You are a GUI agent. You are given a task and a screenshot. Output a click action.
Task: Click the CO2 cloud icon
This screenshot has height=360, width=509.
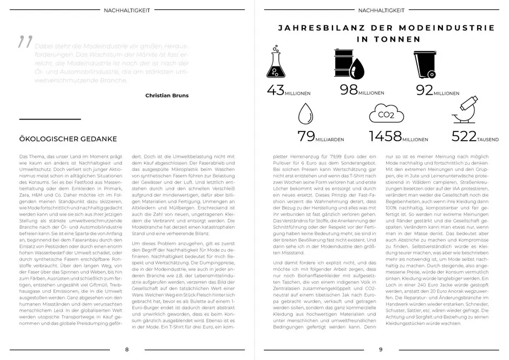coord(385,114)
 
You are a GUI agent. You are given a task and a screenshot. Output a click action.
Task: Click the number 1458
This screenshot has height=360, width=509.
coord(385,136)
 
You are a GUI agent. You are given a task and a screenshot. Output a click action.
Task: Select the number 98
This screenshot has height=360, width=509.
coord(349,89)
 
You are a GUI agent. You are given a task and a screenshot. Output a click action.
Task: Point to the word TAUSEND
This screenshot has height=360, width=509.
coord(488,140)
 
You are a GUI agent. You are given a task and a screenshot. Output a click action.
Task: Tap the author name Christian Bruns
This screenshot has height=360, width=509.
coord(167,96)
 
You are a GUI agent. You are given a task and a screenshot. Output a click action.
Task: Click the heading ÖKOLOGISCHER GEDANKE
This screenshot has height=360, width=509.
coord(68,139)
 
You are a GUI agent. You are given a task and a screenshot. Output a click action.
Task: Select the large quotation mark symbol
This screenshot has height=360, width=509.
coord(25,42)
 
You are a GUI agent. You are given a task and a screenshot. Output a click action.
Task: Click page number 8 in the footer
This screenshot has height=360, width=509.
coord(127,349)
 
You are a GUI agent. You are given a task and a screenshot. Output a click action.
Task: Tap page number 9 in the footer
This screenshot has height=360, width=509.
coord(380,349)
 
